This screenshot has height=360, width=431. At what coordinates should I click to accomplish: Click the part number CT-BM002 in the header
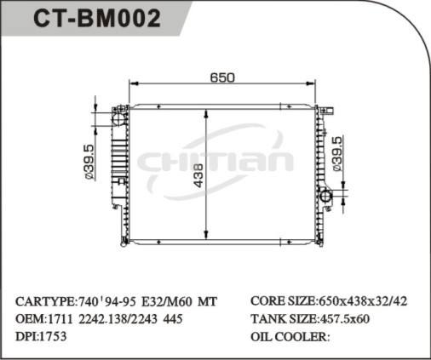point(95,19)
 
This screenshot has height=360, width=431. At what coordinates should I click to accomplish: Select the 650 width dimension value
point(221,77)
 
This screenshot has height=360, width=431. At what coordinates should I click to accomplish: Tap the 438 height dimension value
point(198,174)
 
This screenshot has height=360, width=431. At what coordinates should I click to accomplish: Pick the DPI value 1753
point(53,336)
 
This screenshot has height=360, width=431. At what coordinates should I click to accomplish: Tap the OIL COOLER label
point(290,336)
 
